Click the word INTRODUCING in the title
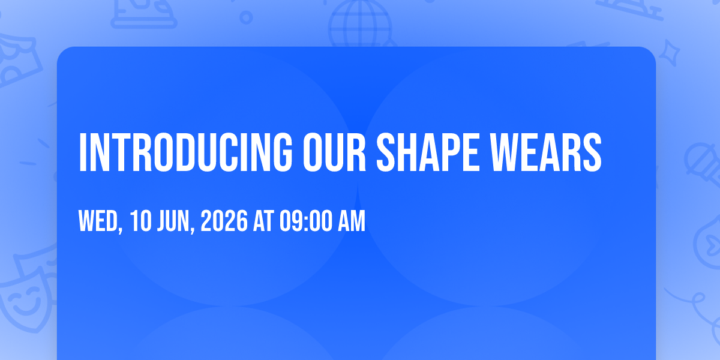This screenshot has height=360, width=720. pyautogui.click(x=185, y=152)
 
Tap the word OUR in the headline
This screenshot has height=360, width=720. pyautogui.click(x=334, y=152)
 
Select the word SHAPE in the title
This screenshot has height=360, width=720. pyautogui.click(x=428, y=152)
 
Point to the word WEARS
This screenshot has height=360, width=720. pyautogui.click(x=546, y=152)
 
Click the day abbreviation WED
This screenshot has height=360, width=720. pyautogui.click(x=98, y=221)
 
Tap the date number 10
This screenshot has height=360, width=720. pyautogui.click(x=141, y=221)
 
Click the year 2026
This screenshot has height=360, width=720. pyautogui.click(x=224, y=221)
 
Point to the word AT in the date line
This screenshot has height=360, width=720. pyautogui.click(x=263, y=221)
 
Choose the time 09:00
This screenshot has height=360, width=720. pyautogui.click(x=305, y=221)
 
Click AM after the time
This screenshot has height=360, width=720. pyautogui.click(x=352, y=221)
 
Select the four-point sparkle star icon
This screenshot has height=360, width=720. pyautogui.click(x=669, y=53)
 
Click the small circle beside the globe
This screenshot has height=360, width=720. pyautogui.click(x=246, y=17)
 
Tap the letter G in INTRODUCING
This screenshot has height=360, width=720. pyautogui.click(x=281, y=152)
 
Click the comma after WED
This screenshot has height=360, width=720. pyautogui.click(x=120, y=229)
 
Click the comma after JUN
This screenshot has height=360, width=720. pyautogui.click(x=192, y=229)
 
